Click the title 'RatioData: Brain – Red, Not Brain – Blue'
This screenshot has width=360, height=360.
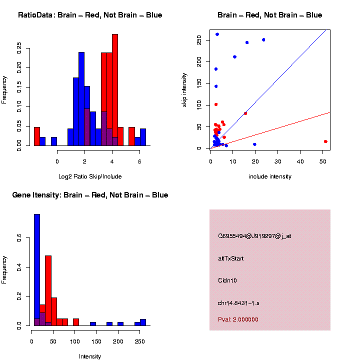tap(90, 15)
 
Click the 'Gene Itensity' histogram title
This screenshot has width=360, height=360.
tap(90, 195)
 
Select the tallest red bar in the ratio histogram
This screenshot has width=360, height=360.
tap(115, 90)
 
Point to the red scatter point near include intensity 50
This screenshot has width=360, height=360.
tap(325, 141)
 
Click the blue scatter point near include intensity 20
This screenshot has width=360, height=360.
tap(255, 144)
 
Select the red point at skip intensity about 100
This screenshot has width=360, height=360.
tap(216, 104)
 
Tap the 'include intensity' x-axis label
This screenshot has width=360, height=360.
tap(270, 176)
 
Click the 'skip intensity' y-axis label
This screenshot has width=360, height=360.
tap(184, 89)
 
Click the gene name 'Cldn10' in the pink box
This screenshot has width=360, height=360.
tap(227, 280)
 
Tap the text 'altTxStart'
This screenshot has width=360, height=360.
tap(230, 258)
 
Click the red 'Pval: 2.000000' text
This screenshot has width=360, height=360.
tap(238, 319)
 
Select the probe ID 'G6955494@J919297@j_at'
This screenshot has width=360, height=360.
tap(254, 236)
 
